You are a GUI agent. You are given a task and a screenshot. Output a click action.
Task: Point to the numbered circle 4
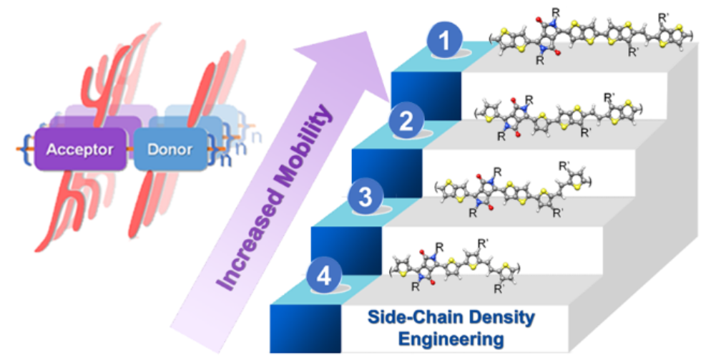tap(324, 276)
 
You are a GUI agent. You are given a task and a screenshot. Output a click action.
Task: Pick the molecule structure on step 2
tap(558, 117)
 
